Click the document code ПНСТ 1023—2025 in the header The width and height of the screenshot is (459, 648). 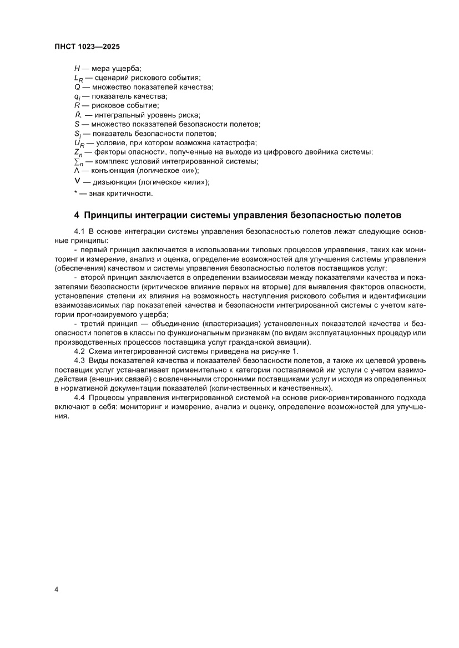[88, 48]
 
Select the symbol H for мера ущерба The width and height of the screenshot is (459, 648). [77, 68]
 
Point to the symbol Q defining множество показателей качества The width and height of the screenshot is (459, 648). [77, 87]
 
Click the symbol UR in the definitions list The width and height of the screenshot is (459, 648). [78, 143]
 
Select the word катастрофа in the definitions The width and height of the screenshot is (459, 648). [217, 142]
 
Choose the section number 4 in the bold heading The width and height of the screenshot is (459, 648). [77, 215]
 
